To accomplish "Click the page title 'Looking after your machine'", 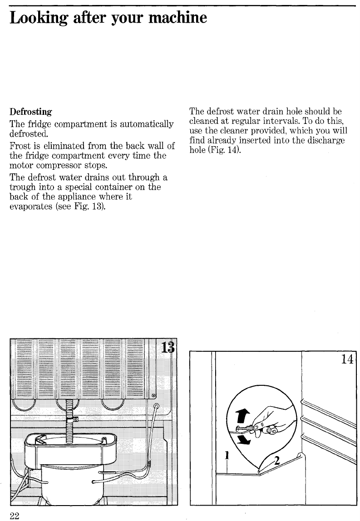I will [108, 18].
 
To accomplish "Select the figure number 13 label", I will [167, 350].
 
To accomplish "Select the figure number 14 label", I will [348, 359].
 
